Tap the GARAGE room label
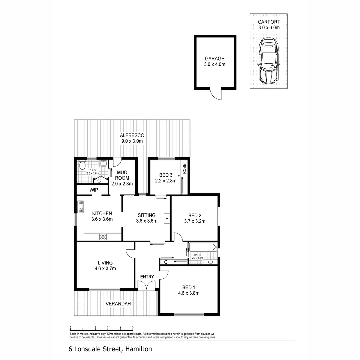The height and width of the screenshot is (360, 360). point(214,58)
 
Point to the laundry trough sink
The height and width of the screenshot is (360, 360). point(103,163)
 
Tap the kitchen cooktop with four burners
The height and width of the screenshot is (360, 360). point(103,237)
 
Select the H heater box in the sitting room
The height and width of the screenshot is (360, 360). point(167,219)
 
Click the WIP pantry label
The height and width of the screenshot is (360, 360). point(93,190)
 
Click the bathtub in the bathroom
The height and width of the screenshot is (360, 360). point(203,247)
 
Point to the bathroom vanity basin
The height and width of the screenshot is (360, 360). point(211,262)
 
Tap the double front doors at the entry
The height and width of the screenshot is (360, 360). point(147,285)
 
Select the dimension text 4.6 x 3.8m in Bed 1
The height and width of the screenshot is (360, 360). point(188,293)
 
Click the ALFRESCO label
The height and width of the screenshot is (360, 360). point(132,135)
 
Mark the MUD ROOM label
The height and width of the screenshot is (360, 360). point(122,175)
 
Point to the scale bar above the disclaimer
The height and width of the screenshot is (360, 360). point(101,328)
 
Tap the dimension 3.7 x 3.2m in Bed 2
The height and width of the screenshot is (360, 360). point(194,221)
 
